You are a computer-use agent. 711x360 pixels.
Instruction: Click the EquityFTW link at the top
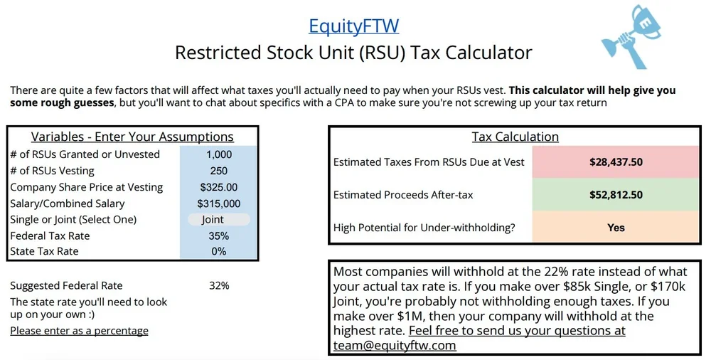point(353,26)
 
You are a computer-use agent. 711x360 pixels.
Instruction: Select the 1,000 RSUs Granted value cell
point(219,154)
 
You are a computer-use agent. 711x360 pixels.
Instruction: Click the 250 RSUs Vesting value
point(219,171)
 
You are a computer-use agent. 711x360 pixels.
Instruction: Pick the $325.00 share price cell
point(219,187)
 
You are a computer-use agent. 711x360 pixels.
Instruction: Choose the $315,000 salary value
point(219,203)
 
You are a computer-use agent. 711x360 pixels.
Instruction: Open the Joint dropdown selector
point(218,220)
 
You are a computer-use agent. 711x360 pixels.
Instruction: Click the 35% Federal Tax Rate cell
point(219,235)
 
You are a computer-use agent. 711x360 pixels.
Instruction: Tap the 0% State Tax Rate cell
point(219,251)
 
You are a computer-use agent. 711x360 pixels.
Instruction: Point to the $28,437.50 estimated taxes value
point(616,162)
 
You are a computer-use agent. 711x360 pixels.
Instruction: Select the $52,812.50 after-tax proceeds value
point(616,195)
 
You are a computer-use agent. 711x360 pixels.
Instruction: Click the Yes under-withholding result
point(616,228)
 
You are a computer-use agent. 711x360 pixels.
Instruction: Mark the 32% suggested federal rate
point(219,285)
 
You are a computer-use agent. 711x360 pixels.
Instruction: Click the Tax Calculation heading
point(515,137)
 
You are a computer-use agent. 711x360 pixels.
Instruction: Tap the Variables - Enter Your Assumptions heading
point(132,137)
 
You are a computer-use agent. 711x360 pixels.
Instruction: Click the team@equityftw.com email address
point(395,346)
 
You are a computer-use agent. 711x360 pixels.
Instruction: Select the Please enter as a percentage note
point(79,331)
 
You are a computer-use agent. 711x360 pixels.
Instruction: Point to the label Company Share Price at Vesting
point(87,187)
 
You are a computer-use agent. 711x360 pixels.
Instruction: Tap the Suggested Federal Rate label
point(66,285)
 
